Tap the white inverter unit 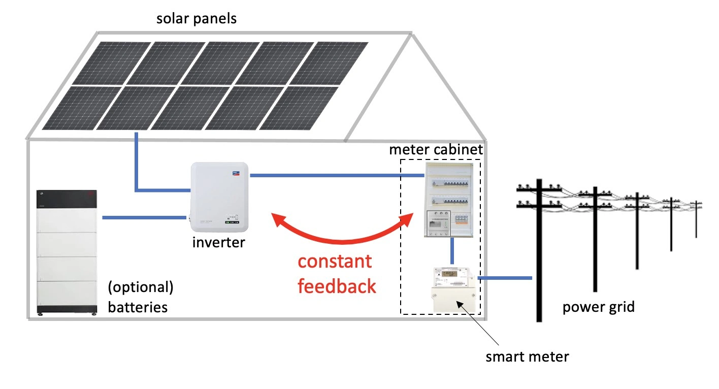coord(219,196)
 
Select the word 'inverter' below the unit coord(218,242)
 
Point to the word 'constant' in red coord(335,262)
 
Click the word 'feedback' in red coord(337,286)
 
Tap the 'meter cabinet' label coord(436,150)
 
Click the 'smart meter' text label coord(527,356)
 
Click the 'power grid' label coord(598,307)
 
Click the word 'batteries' coord(138,307)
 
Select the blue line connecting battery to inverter coord(144,218)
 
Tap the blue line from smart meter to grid coord(505,278)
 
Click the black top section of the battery coord(66,199)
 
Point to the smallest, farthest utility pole coord(696,218)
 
